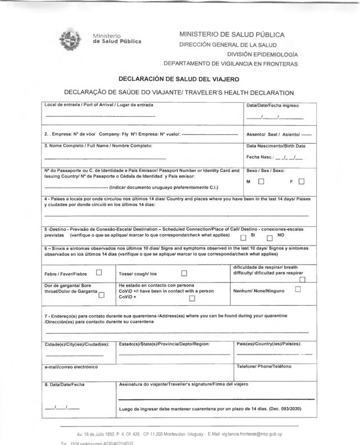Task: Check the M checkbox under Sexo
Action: point(261,181)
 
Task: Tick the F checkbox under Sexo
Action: point(302,181)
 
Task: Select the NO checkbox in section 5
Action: point(270,237)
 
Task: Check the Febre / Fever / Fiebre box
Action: point(99,273)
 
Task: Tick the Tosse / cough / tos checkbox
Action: point(184,274)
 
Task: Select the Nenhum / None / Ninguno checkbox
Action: point(298,290)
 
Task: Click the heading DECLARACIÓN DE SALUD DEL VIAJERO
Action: point(179,79)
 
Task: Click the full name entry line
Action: point(106,158)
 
